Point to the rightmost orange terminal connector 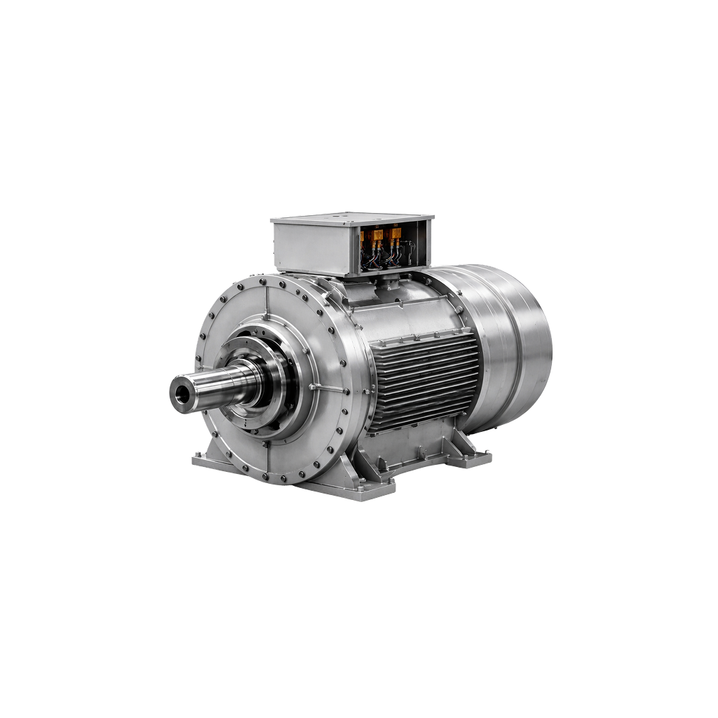(396, 234)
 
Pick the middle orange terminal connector (379, 235)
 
